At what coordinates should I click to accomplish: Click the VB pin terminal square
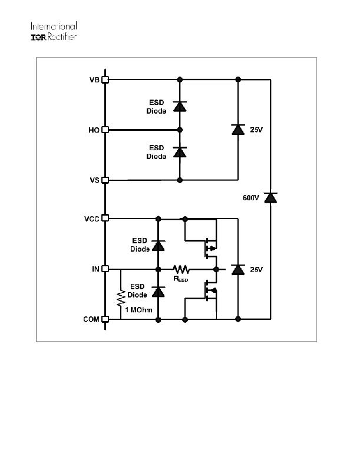(x=105, y=80)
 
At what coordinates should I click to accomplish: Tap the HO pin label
(x=94, y=130)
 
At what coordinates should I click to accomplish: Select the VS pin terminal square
(x=105, y=180)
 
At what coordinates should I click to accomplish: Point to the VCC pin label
(x=91, y=219)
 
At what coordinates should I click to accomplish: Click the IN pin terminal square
(x=105, y=269)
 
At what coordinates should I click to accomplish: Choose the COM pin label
(x=91, y=319)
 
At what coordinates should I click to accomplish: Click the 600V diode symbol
(x=270, y=197)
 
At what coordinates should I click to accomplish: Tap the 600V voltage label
(x=251, y=197)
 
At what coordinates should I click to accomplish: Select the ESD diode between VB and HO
(x=180, y=107)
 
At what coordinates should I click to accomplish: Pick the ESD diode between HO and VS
(x=180, y=152)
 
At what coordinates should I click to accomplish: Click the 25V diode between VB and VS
(x=238, y=130)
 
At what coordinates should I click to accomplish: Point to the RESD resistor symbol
(x=181, y=269)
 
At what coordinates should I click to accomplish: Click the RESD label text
(x=180, y=279)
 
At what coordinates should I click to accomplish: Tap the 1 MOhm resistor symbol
(x=121, y=299)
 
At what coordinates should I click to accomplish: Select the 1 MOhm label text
(x=138, y=310)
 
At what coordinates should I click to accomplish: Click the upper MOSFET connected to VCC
(x=210, y=248)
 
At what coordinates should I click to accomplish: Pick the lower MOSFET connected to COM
(x=210, y=290)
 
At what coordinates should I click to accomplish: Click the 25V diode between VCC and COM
(x=238, y=270)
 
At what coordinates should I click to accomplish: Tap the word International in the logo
(x=54, y=26)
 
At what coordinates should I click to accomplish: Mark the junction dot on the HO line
(x=180, y=130)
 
